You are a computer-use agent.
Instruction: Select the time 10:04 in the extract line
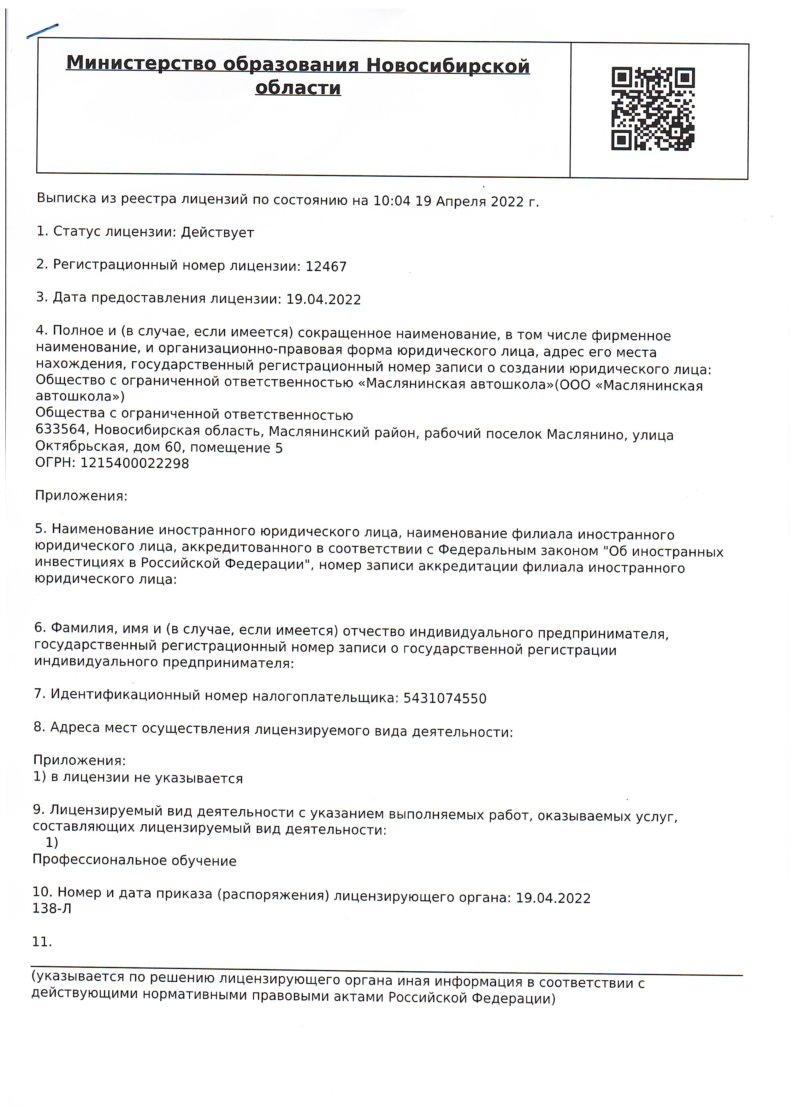click(x=392, y=201)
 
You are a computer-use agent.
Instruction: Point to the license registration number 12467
click(x=326, y=267)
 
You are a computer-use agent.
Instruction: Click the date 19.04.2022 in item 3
click(x=323, y=299)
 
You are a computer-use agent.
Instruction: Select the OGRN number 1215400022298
click(x=134, y=463)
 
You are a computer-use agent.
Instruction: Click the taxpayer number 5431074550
click(x=445, y=698)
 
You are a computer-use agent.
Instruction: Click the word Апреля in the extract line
click(x=460, y=201)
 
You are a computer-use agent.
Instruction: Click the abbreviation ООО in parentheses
click(x=575, y=385)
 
